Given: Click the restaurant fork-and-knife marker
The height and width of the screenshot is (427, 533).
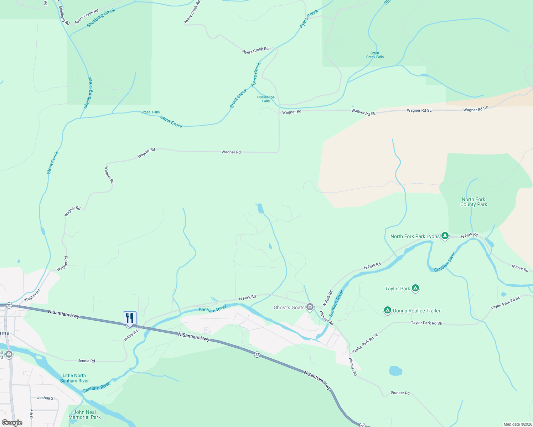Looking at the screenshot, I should point(130,318).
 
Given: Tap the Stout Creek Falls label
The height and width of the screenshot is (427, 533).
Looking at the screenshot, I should point(375,55).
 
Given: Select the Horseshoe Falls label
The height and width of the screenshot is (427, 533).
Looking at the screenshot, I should point(266,99).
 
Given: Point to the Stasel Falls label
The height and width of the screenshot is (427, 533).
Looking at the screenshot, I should point(150,112).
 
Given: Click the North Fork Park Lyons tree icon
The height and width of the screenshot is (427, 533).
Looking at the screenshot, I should point(445,236).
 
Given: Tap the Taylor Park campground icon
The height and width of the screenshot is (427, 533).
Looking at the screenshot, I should point(415,288).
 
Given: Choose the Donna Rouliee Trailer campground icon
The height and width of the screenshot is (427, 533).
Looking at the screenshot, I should point(387,310).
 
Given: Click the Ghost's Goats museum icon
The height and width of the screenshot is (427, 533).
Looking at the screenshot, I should point(310,307).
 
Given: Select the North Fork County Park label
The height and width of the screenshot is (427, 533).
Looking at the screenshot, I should point(474,202).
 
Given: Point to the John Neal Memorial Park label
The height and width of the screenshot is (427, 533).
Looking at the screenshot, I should point(84,415).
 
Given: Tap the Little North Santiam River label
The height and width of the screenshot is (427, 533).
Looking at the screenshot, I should point(74,378).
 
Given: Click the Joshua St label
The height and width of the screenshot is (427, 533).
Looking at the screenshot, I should point(46,398).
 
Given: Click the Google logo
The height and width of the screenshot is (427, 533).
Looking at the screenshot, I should point(12,423).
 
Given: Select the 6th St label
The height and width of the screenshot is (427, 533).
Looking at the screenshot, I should point(31,414).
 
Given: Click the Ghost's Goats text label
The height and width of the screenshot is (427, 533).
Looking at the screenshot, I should point(289,307).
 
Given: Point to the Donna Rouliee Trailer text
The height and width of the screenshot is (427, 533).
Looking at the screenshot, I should point(416,311).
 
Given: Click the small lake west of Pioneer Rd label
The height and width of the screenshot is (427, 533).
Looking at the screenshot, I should point(395,371).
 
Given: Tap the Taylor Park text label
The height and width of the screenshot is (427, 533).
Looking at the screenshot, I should point(398,289).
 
